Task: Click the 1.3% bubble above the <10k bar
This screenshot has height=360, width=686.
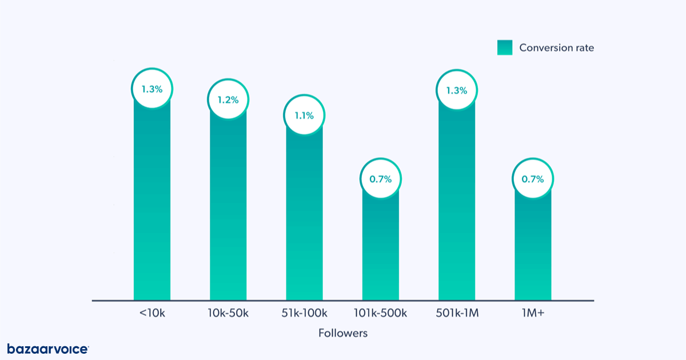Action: point(152,89)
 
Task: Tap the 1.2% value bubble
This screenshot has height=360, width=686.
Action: point(228,99)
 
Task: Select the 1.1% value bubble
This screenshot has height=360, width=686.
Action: point(304,115)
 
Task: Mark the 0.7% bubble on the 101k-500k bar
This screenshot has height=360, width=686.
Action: point(381,179)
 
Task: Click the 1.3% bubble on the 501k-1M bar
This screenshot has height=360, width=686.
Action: point(457,90)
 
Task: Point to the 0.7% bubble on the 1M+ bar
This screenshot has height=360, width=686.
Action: point(533,179)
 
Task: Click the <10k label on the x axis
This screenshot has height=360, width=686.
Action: point(152,313)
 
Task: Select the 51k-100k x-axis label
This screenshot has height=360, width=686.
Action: point(304,313)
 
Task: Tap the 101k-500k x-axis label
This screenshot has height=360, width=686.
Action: point(381,313)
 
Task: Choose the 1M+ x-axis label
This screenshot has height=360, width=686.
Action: point(533,313)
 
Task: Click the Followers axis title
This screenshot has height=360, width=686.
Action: point(343,333)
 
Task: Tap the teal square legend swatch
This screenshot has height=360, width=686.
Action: point(505,48)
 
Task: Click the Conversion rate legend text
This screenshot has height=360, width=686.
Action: point(556,48)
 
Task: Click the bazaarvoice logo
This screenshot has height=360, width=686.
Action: point(48,349)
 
